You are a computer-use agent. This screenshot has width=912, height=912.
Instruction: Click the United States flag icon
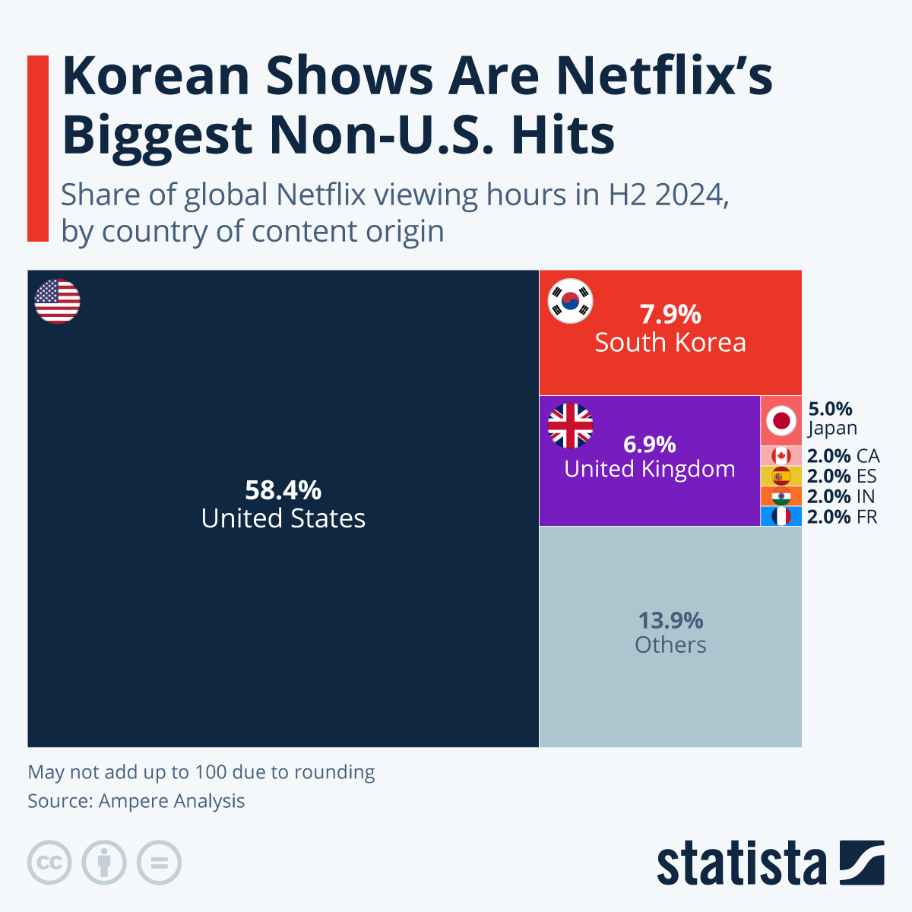coord(57,301)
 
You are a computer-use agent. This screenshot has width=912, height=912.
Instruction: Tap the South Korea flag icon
coord(570,301)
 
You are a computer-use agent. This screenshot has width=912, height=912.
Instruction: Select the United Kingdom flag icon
coord(570,426)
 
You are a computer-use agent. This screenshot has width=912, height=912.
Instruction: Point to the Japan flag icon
coord(781,420)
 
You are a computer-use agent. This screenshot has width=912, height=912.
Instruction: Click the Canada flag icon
coord(781,456)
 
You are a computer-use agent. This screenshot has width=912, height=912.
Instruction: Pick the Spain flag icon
coord(781,477)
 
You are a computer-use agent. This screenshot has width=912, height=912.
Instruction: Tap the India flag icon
coord(781,497)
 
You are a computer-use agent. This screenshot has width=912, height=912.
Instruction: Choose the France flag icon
coord(781,517)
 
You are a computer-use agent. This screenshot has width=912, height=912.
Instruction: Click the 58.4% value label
coord(283,490)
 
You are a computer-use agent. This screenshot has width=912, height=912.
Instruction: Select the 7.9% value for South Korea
coord(670,314)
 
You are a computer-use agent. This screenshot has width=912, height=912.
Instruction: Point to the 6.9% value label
coord(649,444)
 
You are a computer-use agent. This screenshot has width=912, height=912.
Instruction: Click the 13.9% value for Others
coord(670,620)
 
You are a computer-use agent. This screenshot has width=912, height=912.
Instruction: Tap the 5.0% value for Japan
coord(830,410)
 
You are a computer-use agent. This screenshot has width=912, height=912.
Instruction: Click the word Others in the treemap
coord(670,645)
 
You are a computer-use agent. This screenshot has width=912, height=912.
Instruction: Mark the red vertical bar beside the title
coord(37,148)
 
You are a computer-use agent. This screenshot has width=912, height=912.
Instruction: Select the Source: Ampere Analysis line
coord(136,801)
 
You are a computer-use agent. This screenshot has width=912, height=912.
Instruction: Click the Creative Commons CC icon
coord(49,863)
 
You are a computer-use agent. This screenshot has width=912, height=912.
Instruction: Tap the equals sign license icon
coord(159,863)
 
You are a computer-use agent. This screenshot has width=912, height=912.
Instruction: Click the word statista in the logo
coord(741,864)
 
